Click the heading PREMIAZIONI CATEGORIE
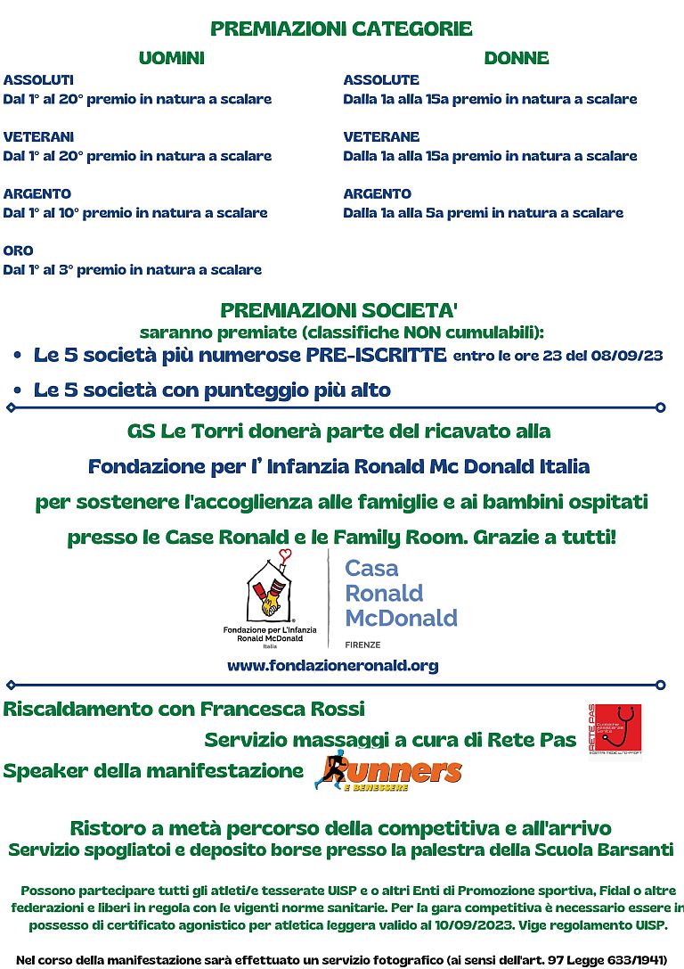pos(341,29)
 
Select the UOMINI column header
pos(171,58)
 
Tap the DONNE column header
pos(516,58)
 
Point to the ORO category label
pos(18,250)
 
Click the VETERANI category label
pos(38,136)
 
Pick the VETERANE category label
pos(381,136)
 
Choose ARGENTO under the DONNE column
pos(377,193)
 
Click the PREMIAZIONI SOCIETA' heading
pos(339,310)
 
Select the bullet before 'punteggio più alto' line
pos(18,391)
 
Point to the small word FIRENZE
pos(363,642)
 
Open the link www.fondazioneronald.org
pos(332,665)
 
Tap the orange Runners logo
pos(389,771)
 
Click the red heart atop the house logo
pos(285,555)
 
